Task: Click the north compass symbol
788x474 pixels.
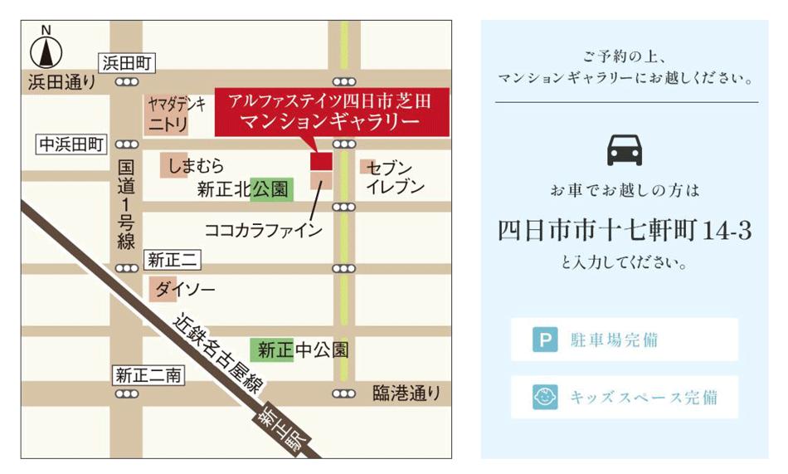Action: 46,51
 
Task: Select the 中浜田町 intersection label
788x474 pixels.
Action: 72,144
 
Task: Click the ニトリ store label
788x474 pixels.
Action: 168,125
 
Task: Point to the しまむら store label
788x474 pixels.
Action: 196,166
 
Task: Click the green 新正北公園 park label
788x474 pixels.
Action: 245,190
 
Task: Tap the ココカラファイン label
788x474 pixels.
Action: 263,230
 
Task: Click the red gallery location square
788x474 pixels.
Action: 321,161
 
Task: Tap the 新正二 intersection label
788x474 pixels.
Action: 173,260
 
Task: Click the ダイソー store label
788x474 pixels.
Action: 185,289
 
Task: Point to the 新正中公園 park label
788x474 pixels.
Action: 303,349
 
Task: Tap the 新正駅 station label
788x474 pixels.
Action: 277,430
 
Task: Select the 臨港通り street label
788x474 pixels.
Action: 406,392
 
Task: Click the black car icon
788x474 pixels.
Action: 626,150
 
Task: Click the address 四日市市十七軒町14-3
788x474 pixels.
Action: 625,231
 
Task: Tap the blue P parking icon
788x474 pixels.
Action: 544,340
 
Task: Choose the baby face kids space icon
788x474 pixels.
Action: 544,397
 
